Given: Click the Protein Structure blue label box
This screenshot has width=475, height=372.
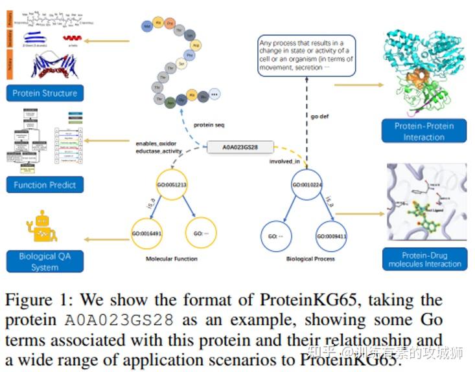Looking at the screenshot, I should tap(44, 93).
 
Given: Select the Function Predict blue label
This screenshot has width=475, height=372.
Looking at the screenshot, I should tap(44, 185).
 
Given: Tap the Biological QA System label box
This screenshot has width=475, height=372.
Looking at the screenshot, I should tap(44, 261).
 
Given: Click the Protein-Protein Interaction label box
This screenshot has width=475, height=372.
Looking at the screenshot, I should tap(424, 131).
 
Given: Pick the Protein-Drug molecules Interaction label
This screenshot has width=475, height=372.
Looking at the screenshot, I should tap(424, 259).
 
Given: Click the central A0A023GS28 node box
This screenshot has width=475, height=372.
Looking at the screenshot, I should tap(240, 148).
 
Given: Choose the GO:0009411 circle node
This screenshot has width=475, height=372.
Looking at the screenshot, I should tap(331, 236).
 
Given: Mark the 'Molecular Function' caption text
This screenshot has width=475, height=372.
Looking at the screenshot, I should tap(172, 259).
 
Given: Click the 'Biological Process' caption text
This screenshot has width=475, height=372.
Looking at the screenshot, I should tap(310, 259).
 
